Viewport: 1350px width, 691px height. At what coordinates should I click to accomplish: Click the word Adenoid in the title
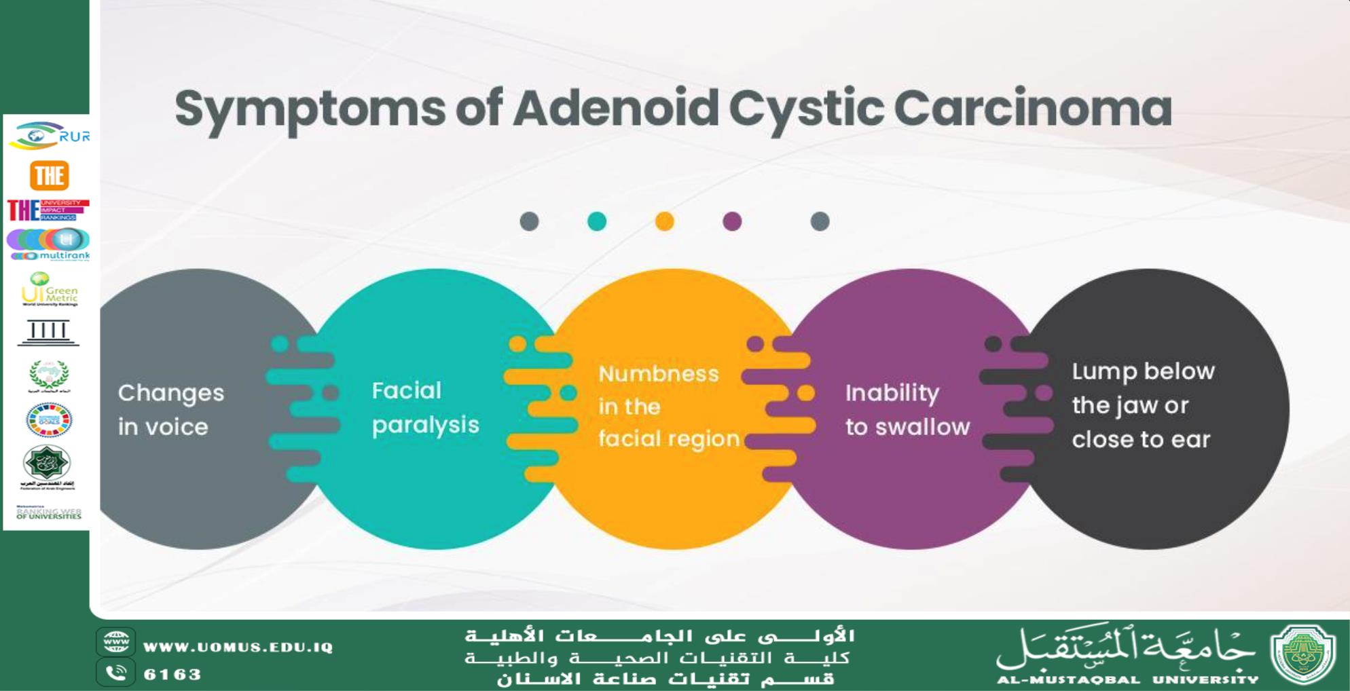(x=615, y=109)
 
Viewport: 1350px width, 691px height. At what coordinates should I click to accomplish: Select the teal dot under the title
(x=597, y=221)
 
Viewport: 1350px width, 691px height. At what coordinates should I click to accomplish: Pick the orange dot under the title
(x=665, y=221)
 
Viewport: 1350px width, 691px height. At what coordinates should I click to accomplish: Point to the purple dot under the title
(x=732, y=221)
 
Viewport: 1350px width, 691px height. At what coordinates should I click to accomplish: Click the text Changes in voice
(x=170, y=409)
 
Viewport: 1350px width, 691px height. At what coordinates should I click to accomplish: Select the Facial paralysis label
(x=425, y=407)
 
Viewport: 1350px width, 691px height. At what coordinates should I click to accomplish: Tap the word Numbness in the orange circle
(x=658, y=374)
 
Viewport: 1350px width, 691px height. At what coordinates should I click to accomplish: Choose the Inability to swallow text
(x=907, y=409)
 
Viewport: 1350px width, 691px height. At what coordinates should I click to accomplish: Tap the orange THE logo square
(x=49, y=176)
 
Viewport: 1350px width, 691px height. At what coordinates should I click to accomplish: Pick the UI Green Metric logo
(x=50, y=289)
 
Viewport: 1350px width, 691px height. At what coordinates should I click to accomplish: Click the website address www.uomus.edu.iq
(x=238, y=647)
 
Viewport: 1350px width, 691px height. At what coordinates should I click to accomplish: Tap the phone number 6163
(x=172, y=674)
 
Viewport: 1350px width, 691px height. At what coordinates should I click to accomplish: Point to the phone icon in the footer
(x=116, y=673)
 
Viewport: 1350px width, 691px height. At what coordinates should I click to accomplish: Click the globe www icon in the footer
(x=116, y=641)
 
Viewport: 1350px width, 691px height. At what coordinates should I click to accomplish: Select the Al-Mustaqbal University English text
(x=1127, y=679)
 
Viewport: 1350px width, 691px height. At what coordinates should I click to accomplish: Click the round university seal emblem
(x=1302, y=654)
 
